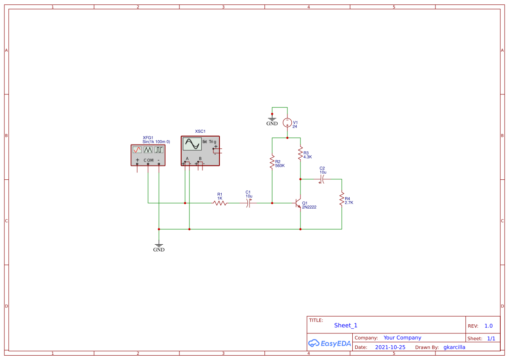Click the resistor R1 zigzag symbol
pos(220,203)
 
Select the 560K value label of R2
pos(280,166)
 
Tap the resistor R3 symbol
pos(300,153)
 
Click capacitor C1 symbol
pos(249,203)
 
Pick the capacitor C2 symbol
pos(322,179)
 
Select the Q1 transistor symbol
pos(298,203)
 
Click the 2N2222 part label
pos(309,207)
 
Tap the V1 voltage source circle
pos(287,122)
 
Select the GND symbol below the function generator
pos(159,246)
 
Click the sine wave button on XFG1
pos(137,149)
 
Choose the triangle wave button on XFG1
pos(148,149)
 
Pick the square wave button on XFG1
pos(159,149)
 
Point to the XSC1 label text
pos(200,131)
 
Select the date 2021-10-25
pos(390,347)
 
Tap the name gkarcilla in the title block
pos(454,347)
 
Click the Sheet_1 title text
pos(346,325)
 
